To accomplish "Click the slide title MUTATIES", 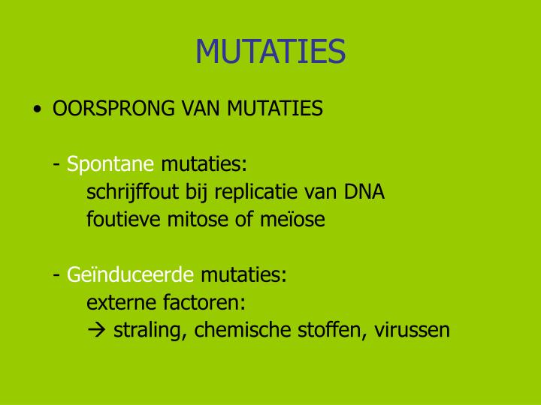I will [270, 52].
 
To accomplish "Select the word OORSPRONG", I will [113, 109].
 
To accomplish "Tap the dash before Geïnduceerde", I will [57, 275].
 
